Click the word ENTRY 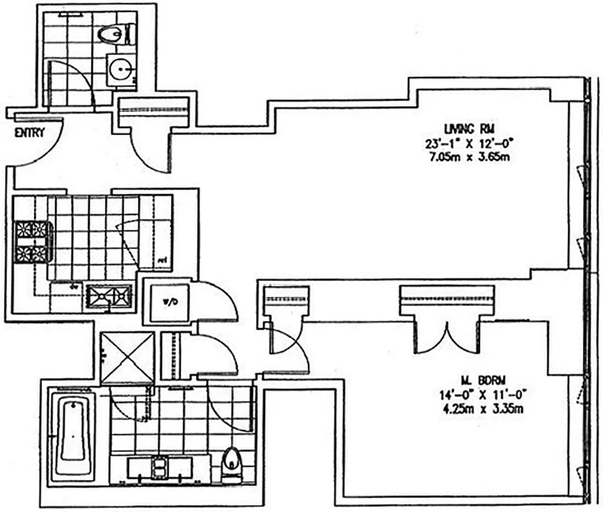click(30, 133)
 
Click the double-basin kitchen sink click(109, 296)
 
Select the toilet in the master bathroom click(230, 464)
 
